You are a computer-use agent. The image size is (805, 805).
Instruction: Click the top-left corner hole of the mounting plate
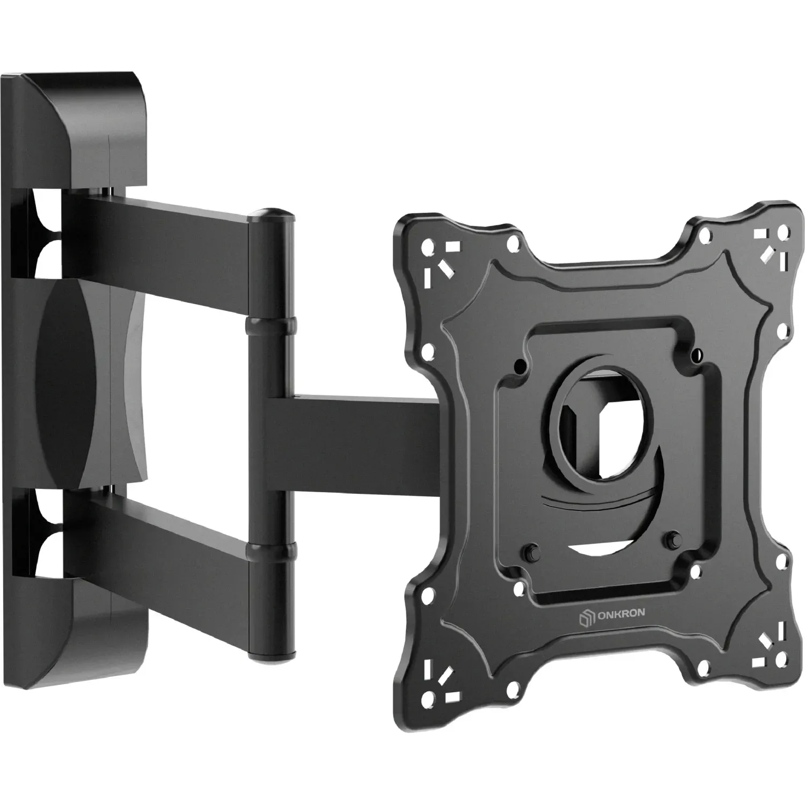coord(428,248)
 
